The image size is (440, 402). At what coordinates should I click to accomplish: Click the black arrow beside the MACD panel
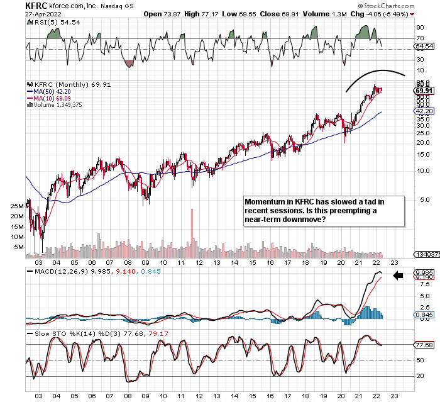[x=397, y=275]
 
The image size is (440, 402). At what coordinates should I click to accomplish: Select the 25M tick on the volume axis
[x=16, y=206]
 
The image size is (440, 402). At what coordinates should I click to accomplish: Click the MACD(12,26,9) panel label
[x=59, y=271]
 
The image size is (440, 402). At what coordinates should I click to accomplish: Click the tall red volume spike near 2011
[x=191, y=232]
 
